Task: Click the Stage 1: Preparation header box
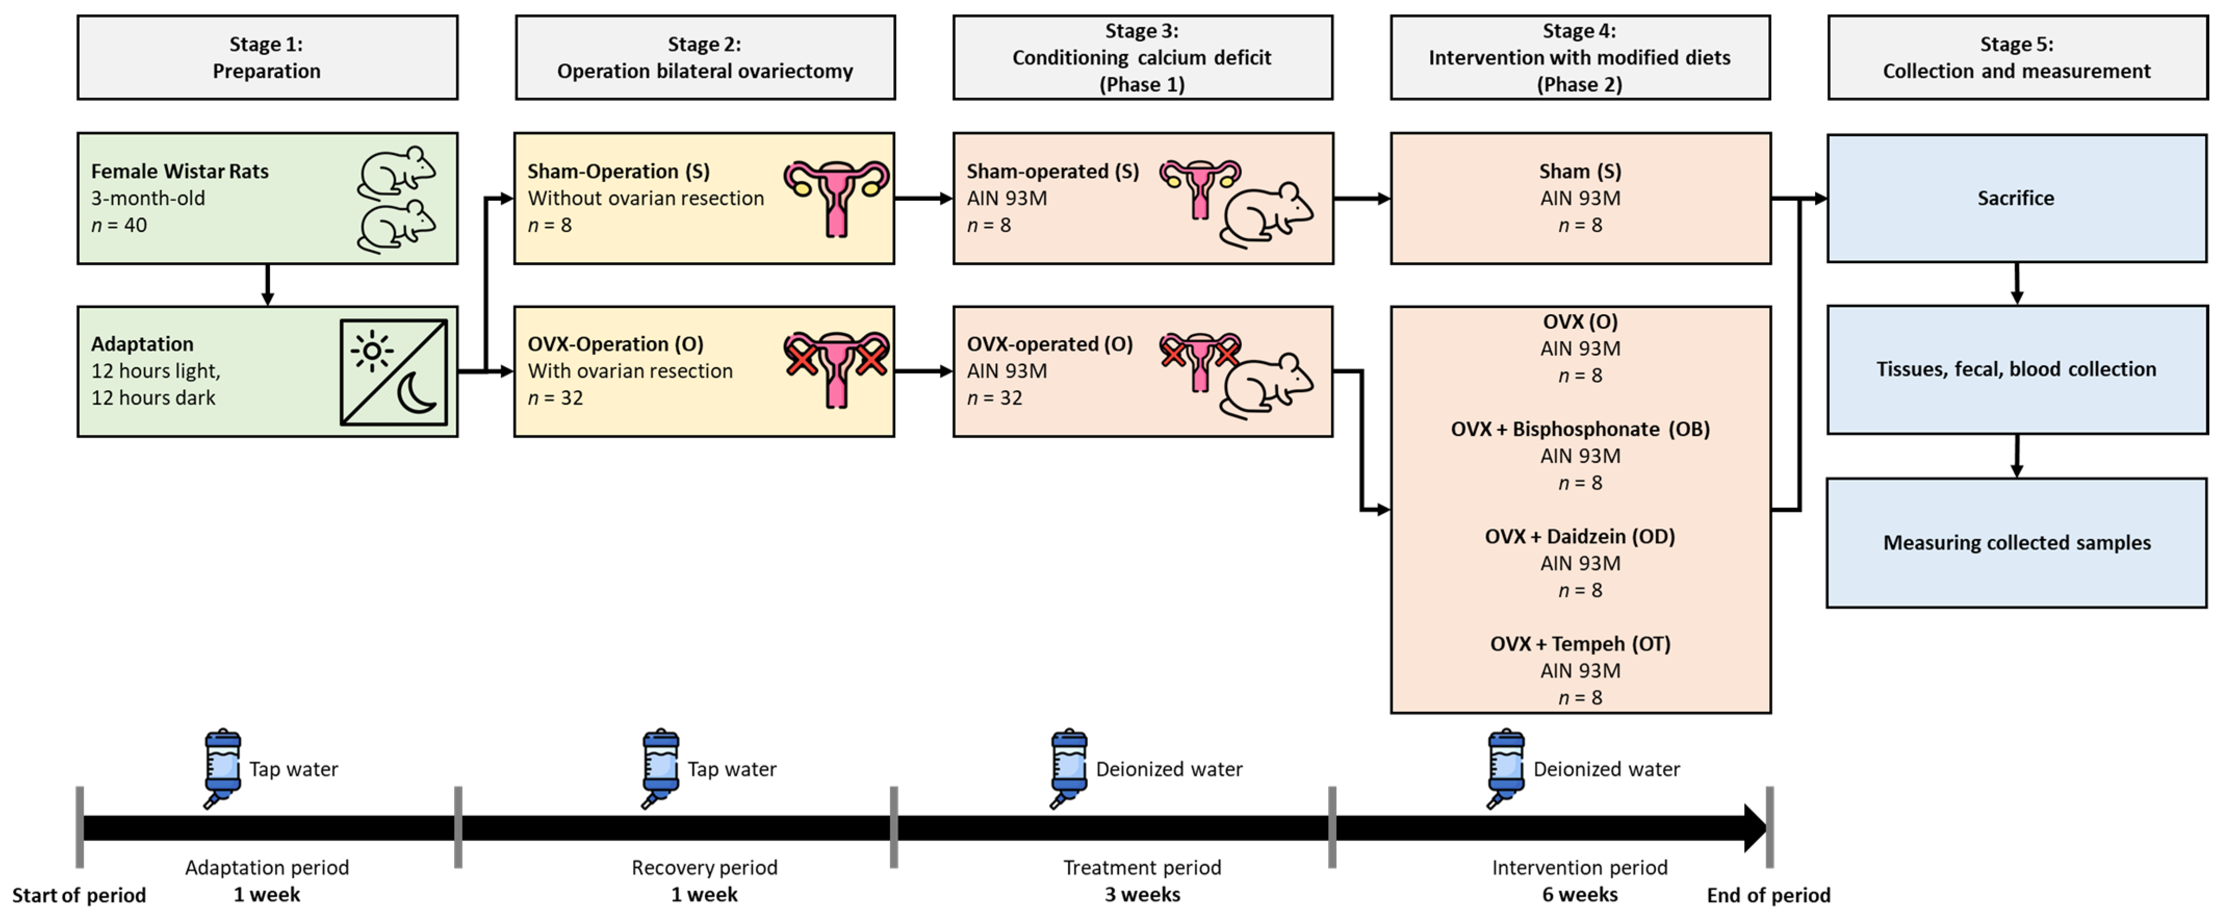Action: pos(267,57)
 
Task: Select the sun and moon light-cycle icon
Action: pos(394,372)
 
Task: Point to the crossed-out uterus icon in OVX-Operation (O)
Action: pos(835,369)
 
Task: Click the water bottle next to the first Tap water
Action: pos(222,768)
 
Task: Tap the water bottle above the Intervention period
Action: pos(1506,768)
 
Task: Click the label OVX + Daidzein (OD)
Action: pos(1579,537)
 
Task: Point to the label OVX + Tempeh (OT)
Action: pos(1579,644)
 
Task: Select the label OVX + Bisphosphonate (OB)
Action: pos(1579,430)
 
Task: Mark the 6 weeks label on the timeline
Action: pos(1579,895)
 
